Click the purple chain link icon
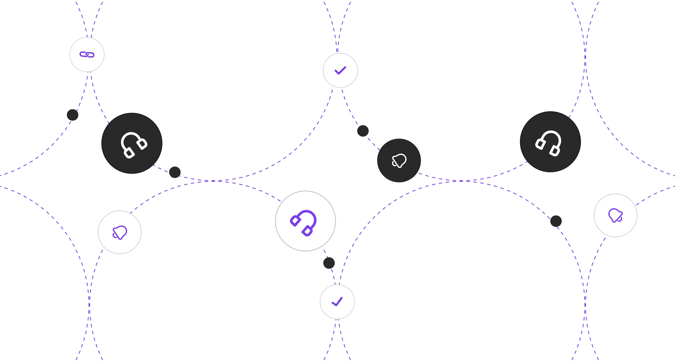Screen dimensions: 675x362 [x=87, y=55]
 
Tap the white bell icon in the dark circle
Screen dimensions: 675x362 [x=399, y=160]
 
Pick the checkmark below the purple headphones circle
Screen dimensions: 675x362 [x=337, y=302]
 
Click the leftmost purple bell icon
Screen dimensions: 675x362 [x=120, y=232]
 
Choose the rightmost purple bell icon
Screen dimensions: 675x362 [x=615, y=215]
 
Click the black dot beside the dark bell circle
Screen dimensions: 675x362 [x=363, y=131]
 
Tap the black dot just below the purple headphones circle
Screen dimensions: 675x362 [x=329, y=263]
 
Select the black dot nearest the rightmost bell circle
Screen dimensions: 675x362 [x=556, y=221]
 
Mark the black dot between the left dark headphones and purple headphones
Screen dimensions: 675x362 [x=175, y=172]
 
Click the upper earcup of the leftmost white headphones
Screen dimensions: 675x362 [x=142, y=144]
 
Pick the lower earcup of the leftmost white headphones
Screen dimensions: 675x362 [x=129, y=153]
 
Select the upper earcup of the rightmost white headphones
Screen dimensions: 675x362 [x=540, y=144]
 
